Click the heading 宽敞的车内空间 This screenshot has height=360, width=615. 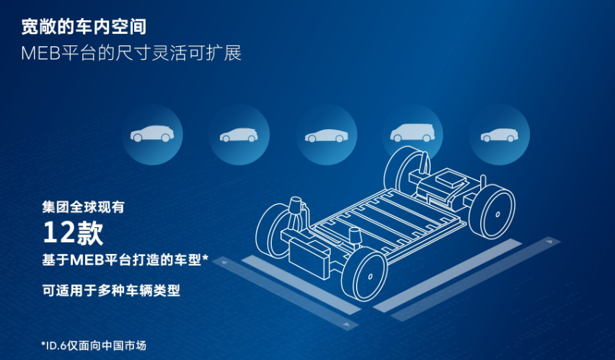click(84, 27)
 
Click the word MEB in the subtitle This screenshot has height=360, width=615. click(41, 53)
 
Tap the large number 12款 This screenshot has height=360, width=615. click(73, 233)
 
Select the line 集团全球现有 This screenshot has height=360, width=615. click(83, 207)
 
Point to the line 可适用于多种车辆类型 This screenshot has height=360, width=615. click(111, 291)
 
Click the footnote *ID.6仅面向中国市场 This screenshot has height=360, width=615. click(94, 346)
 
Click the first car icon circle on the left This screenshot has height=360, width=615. click(152, 135)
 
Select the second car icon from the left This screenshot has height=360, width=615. click(239, 135)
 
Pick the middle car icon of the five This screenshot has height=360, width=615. click(327, 135)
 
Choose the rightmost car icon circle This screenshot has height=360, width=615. click(500, 135)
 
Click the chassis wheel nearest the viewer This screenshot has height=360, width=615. click(364, 274)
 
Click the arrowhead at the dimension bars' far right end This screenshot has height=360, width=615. click(549, 242)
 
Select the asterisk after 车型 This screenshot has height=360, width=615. click(205, 258)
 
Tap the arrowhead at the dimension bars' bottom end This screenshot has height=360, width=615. click(346, 324)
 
